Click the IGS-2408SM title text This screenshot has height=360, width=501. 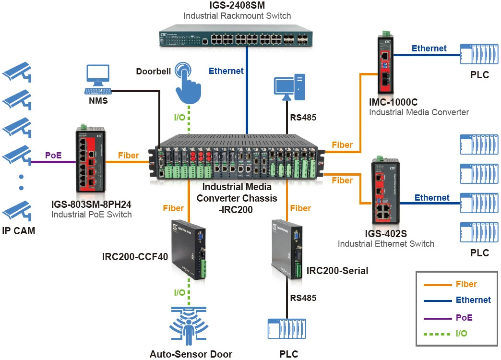[237, 5]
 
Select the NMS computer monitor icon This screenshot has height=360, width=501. [98, 76]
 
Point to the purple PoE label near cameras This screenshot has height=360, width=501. [53, 156]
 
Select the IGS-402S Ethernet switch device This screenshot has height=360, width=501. [383, 192]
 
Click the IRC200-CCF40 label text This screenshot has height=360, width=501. [135, 257]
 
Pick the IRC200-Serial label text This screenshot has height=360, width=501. [337, 271]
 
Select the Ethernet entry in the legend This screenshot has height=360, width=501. [473, 300]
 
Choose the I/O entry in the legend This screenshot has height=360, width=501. [461, 333]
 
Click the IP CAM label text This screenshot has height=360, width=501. [18, 231]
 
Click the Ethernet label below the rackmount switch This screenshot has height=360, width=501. [226, 71]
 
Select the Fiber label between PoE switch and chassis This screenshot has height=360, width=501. [128, 156]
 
